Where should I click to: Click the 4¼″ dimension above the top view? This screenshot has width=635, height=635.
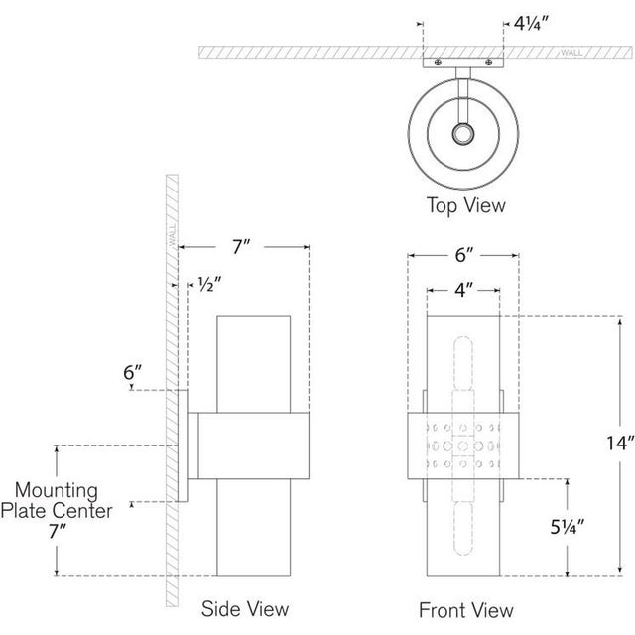click(x=530, y=24)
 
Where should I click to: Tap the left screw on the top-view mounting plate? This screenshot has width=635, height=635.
click(x=438, y=63)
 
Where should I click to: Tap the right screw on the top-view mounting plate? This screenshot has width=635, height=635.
click(x=489, y=63)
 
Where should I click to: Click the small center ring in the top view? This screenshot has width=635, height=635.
click(x=463, y=134)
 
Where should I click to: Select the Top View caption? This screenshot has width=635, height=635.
click(x=466, y=205)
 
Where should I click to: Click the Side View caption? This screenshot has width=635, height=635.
click(x=245, y=609)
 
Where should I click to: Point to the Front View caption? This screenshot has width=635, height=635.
click(x=466, y=610)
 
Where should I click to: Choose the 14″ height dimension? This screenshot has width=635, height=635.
click(x=619, y=444)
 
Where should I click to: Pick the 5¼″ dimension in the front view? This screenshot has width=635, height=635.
click(x=567, y=527)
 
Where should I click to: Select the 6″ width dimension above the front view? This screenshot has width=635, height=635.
click(x=464, y=255)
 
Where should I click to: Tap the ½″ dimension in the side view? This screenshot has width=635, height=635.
click(x=209, y=284)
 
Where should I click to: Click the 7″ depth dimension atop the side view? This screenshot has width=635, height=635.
click(x=240, y=247)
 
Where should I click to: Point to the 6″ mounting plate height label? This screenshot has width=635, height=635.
click(x=133, y=372)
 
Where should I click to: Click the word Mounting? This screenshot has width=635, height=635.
click(x=57, y=490)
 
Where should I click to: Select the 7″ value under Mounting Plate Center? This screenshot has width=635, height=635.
click(x=58, y=531)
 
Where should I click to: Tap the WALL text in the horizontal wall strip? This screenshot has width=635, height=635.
click(x=571, y=53)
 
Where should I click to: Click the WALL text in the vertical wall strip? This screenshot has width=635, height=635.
click(x=172, y=234)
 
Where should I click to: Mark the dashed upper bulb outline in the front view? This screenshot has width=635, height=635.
click(x=463, y=363)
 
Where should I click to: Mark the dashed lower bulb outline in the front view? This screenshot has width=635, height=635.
click(x=463, y=529)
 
